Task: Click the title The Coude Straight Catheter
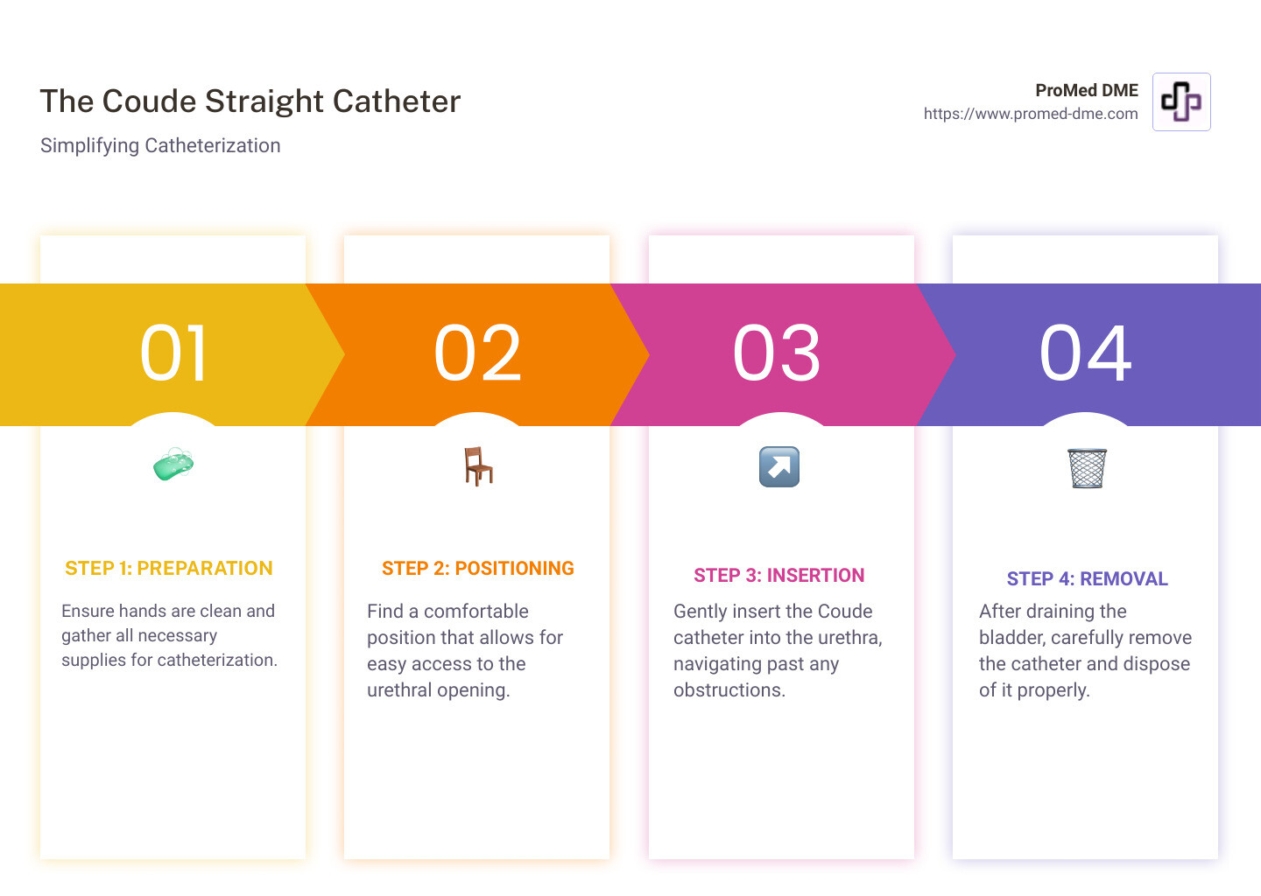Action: pos(250,101)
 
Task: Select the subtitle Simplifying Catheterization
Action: pos(160,145)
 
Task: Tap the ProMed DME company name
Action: pos(1086,90)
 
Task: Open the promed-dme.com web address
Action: pos(1031,114)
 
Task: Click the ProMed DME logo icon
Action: pos(1181,101)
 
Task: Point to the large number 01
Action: pos(174,353)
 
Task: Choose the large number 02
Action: pos(478,353)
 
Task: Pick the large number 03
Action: pos(778,353)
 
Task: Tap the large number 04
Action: pos(1086,353)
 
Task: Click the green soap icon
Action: pos(173,464)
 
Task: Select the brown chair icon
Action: pos(478,465)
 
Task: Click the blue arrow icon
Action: pos(779,466)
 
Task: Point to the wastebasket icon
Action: pos(1087,468)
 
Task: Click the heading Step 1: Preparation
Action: pos(169,569)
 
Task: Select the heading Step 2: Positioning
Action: pos(478,569)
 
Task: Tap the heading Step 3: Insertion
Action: pos(779,576)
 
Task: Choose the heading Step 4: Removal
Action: pos(1087,579)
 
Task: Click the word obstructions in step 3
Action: pos(728,690)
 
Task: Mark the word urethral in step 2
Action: pos(402,690)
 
